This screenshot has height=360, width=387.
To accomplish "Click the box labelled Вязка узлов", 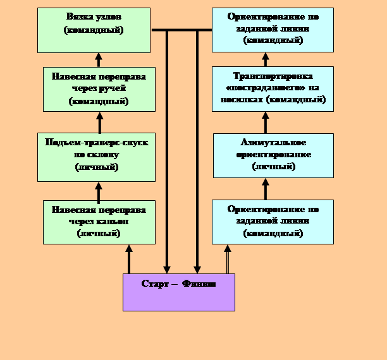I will pos(94,30).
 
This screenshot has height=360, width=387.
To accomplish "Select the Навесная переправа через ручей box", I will pos(99,89).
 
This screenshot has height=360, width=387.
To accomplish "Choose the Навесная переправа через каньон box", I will pos(99,222).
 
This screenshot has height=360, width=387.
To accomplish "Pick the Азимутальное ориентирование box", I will pos(273,155).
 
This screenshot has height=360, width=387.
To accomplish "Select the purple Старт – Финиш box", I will pos(178,292).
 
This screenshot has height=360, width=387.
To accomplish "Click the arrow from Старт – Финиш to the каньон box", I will pos(129,258).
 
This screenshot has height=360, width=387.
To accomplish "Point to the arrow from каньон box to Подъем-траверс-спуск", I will pos(99,191).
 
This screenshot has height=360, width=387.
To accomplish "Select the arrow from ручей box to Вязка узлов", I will pos(99,59).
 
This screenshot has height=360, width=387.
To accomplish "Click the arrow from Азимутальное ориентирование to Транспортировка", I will pos(266,123).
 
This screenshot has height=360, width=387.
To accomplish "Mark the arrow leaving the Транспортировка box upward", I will pos(266,59).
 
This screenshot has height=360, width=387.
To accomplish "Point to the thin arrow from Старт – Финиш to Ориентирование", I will pos(227,258).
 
